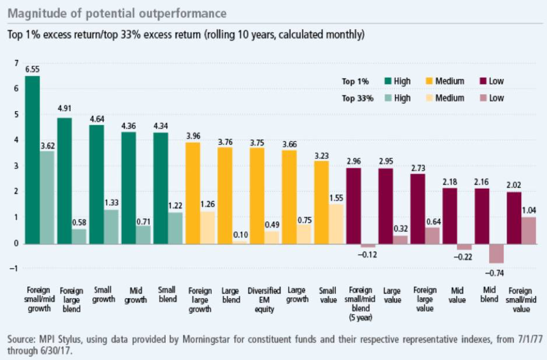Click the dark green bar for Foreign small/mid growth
[x=33, y=160]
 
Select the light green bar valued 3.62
[x=48, y=197]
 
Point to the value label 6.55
[x=33, y=70]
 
